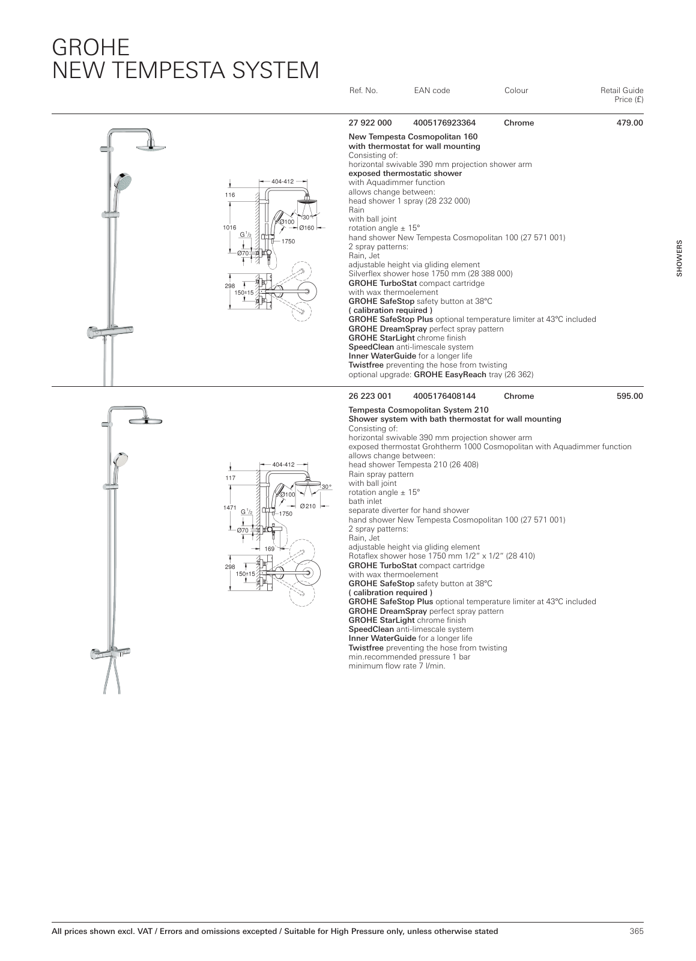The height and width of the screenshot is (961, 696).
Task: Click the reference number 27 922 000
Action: (370, 123)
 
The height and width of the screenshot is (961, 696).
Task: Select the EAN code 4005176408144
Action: (444, 396)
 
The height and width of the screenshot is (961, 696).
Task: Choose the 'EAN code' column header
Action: (432, 91)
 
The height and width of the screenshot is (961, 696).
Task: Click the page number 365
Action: (636, 932)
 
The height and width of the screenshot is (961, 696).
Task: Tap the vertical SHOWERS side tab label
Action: (680, 259)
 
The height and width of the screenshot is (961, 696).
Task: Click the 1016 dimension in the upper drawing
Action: (229, 228)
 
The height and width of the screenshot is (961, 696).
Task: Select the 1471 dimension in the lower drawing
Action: (229, 508)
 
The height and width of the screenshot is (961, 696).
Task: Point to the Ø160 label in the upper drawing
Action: (307, 228)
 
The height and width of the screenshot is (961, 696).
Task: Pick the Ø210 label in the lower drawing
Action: (307, 506)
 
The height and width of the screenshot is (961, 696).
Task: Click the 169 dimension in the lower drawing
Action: (270, 548)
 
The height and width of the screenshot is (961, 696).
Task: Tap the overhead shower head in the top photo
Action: (150, 147)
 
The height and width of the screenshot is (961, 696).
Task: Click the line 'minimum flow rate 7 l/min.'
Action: (397, 666)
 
